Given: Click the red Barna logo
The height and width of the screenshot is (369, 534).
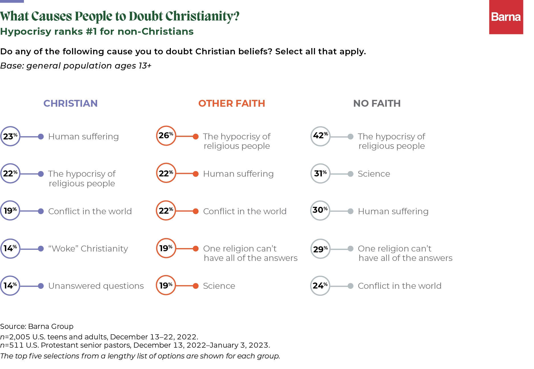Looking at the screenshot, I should (506, 17).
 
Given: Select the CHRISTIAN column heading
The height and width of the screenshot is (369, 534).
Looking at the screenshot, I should (70, 103).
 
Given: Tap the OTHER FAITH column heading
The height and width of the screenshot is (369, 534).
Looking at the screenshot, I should (232, 103).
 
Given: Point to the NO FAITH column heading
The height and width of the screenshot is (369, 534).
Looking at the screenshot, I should (377, 103).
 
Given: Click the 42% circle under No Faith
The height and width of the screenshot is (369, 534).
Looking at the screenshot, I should (320, 136).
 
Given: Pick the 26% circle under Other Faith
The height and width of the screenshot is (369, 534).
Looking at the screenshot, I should (166, 136).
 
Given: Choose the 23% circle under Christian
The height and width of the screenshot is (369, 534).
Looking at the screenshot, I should (10, 136).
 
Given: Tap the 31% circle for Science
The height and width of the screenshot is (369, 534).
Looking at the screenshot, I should (320, 173).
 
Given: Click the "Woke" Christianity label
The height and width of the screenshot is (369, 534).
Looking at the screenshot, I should (88, 249).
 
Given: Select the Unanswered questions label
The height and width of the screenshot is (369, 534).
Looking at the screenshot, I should (96, 286).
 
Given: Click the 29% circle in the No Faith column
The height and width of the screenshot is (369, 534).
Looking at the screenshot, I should (320, 249).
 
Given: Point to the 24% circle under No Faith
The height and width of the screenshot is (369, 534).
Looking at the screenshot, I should (320, 286).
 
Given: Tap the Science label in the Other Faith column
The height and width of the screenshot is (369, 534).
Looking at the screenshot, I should (219, 286).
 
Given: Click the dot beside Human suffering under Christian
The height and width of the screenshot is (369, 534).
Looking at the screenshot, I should (41, 137).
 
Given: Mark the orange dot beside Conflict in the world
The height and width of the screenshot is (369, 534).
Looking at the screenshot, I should (196, 211).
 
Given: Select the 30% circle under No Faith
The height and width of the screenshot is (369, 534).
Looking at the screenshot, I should (320, 211).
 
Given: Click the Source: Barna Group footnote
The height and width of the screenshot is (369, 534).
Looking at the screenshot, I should (37, 326).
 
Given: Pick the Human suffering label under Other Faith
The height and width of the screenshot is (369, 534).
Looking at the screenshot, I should (238, 174).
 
